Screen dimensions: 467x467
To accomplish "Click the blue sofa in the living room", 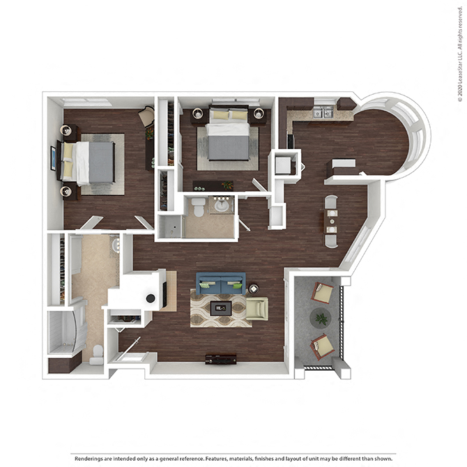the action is click(221, 283).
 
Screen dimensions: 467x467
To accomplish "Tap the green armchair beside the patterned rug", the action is click(257, 309).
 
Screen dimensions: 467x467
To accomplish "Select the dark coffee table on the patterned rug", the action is click(221, 309).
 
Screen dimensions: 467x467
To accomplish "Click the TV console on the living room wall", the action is click(221, 359).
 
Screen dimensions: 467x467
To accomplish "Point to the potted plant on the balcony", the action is click(321, 319).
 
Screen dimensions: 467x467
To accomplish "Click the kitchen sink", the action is click(324, 113).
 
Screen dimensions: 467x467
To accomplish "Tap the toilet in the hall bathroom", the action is click(198, 207).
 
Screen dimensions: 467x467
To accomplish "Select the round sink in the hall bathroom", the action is click(221, 206).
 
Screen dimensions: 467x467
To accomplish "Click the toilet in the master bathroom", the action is click(97, 355).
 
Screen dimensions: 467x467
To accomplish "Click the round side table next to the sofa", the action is click(254, 289).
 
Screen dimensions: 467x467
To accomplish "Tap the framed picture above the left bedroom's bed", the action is click(53, 158).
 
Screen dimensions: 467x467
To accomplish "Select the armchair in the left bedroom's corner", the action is click(146, 116).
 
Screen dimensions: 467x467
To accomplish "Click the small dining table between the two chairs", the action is click(331, 221).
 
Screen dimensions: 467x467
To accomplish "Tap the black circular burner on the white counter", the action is click(151, 298).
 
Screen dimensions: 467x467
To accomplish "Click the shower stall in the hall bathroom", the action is click(170, 227).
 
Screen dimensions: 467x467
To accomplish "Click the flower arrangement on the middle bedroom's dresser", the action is click(227, 185).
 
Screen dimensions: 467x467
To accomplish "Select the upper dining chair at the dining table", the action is click(331, 202).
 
